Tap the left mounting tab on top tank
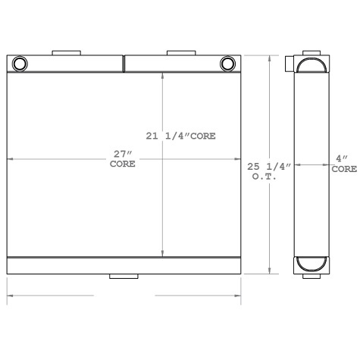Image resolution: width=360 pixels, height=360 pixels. [x=66, y=53]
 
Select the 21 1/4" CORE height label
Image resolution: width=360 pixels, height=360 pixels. [x=181, y=136]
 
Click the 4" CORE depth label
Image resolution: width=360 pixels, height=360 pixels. [x=343, y=163]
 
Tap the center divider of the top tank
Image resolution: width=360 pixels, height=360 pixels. [x=124, y=63]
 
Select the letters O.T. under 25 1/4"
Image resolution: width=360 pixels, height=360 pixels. [x=264, y=176]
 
